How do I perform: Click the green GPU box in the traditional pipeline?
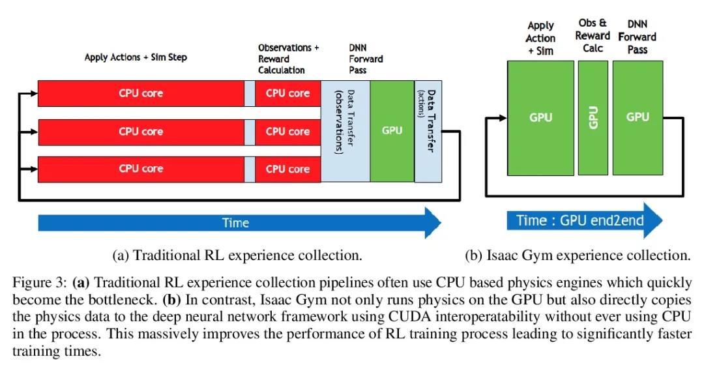click(x=392, y=130)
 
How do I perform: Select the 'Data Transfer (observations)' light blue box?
click(x=345, y=130)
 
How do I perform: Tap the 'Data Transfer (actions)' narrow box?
click(x=427, y=130)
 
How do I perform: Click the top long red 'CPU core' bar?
click(x=141, y=93)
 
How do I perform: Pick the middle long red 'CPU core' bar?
click(x=141, y=131)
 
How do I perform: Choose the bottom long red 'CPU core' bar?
click(x=141, y=169)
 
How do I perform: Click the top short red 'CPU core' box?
click(x=287, y=93)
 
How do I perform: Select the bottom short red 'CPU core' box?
click(x=287, y=169)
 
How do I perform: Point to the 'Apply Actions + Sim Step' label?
click(x=136, y=57)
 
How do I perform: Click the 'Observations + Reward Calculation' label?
click(x=288, y=59)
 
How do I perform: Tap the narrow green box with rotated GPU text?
click(x=593, y=117)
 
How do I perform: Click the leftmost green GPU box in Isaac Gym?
click(x=540, y=117)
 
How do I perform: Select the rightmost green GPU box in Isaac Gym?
click(x=637, y=117)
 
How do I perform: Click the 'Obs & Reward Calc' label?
click(x=593, y=36)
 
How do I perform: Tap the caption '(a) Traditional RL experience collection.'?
click(x=237, y=255)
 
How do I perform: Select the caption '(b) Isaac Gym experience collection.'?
click(x=577, y=255)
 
